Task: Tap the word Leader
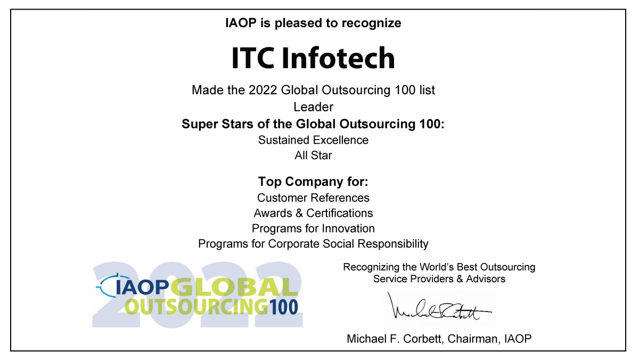click(313, 107)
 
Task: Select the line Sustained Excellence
click(313, 140)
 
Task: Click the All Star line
click(313, 156)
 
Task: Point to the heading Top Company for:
click(313, 182)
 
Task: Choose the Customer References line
click(313, 198)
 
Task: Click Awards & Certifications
click(313, 213)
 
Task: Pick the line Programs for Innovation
click(313, 228)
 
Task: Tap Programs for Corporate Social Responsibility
click(313, 244)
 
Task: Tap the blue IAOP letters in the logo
click(143, 288)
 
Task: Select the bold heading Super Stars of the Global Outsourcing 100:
click(313, 124)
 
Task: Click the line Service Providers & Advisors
click(439, 279)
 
